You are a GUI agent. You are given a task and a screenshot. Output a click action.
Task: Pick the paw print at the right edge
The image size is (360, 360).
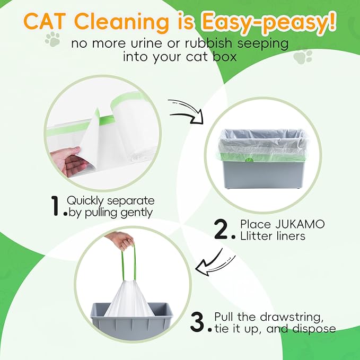pos(302,57)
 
